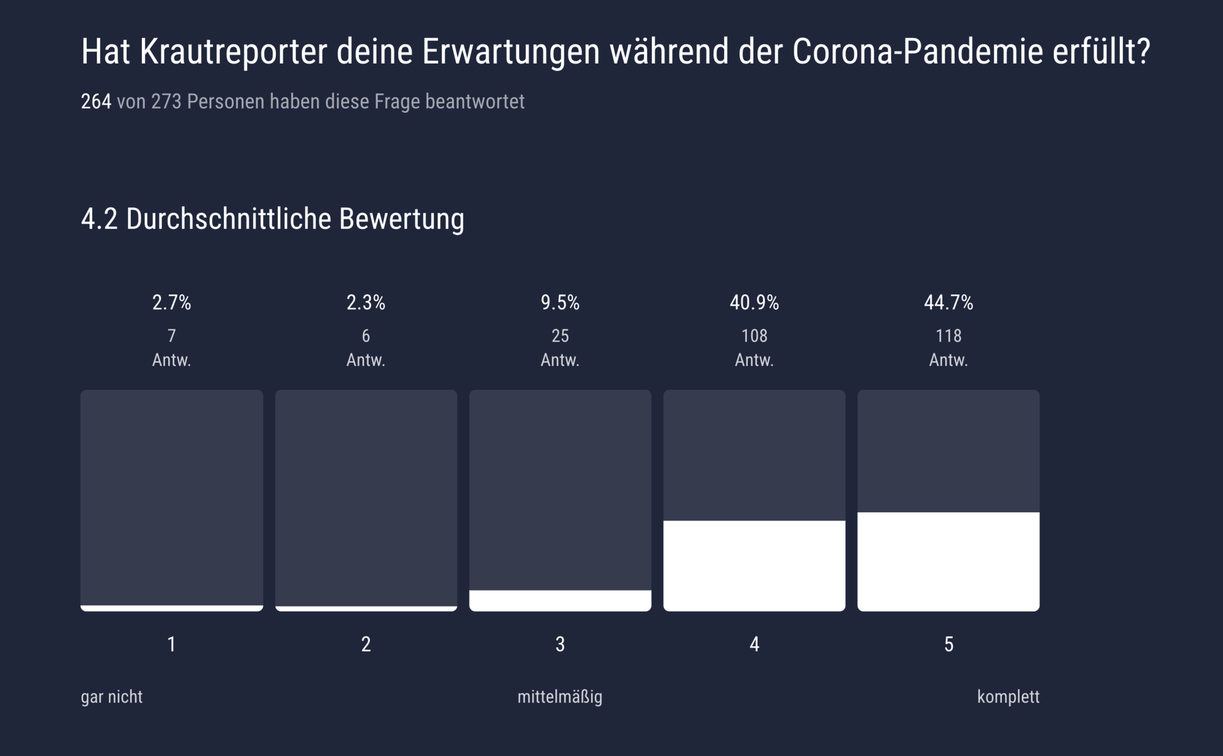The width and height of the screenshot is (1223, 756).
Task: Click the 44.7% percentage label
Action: point(948,303)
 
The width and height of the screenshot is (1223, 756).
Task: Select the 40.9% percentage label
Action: point(754,303)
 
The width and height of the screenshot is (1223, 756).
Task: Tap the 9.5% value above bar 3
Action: point(560,303)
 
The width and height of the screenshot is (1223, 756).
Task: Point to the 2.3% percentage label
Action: point(366,303)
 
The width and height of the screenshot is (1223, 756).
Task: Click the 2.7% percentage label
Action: point(171,303)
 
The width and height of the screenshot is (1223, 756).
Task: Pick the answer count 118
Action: point(948,336)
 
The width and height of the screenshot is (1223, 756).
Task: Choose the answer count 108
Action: point(754,336)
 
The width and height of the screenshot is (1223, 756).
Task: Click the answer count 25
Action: point(560,336)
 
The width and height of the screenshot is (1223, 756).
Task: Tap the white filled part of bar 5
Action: point(948,561)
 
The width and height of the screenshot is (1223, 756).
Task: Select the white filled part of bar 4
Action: point(754,565)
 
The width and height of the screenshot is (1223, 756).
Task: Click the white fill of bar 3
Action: point(560,600)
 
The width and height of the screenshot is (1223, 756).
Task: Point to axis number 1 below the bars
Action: point(171,644)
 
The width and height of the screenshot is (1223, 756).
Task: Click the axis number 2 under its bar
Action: point(366,644)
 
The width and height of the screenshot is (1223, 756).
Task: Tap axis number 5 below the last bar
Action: point(948,644)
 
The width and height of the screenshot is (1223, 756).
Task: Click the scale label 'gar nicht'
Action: point(111,697)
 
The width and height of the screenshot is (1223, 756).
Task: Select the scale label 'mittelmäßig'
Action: point(560,697)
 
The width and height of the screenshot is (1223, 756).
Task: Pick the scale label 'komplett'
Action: point(1008,697)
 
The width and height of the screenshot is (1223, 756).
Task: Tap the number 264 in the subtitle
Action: point(96,101)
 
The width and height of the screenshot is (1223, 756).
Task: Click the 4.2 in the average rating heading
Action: point(99,219)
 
